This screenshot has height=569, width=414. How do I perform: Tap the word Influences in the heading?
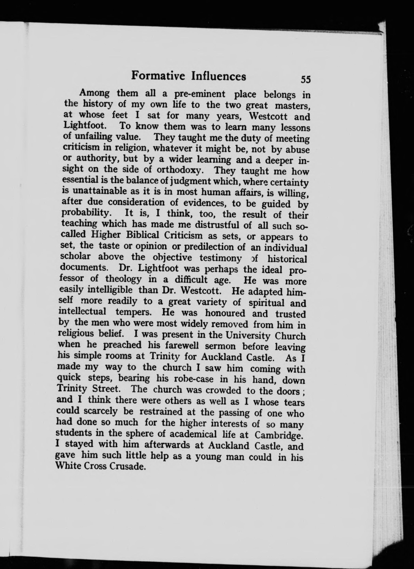coord(218,77)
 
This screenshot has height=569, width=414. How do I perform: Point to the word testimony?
coord(221,258)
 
